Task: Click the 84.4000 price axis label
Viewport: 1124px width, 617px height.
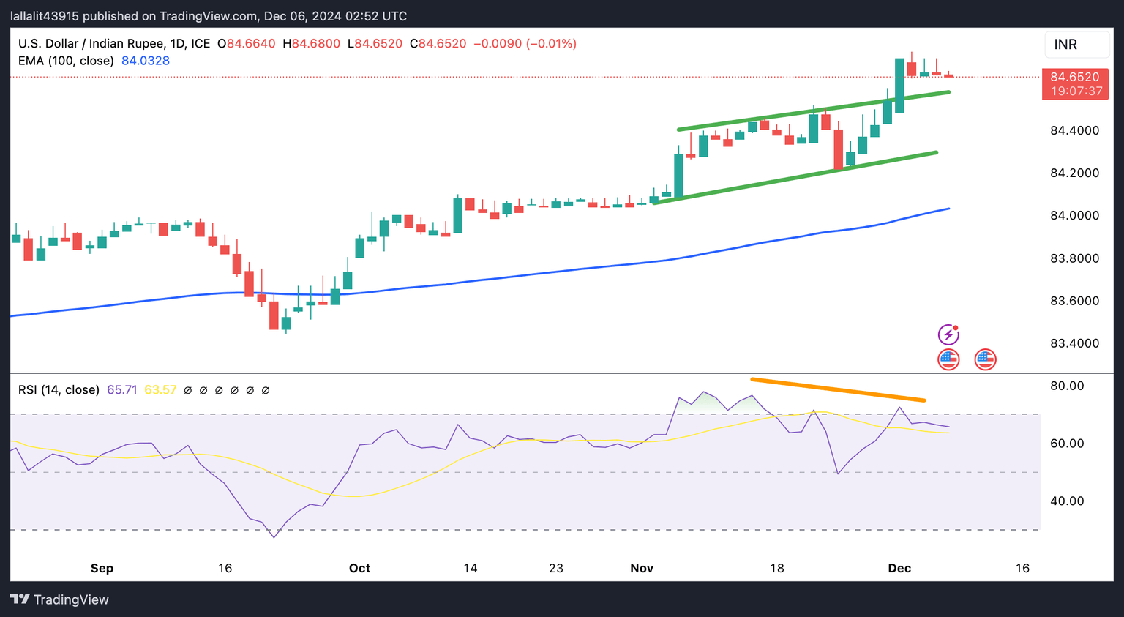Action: point(1074,131)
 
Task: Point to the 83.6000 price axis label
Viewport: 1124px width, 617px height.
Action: point(1074,301)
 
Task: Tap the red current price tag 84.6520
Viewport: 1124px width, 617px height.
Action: point(1074,77)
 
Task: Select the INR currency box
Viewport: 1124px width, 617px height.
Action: point(1076,45)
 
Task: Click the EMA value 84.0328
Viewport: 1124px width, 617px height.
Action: point(146,61)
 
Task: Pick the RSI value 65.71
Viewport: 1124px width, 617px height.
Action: point(121,390)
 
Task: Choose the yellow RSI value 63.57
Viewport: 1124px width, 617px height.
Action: point(160,390)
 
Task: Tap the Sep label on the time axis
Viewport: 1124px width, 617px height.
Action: point(102,568)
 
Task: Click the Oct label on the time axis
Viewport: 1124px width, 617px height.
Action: point(359,568)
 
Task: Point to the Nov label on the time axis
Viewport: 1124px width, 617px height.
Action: point(642,568)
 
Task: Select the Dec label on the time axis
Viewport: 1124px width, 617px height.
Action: point(899,568)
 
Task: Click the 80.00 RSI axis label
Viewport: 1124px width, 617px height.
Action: point(1067,386)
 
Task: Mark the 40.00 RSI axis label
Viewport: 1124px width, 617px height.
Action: point(1067,501)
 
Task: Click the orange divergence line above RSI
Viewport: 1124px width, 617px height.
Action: point(838,389)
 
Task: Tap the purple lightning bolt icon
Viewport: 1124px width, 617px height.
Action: point(948,334)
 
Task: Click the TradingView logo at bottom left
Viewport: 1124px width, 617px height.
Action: point(60,599)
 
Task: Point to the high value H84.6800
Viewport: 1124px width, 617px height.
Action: point(311,44)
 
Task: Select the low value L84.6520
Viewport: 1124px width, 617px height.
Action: point(375,44)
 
